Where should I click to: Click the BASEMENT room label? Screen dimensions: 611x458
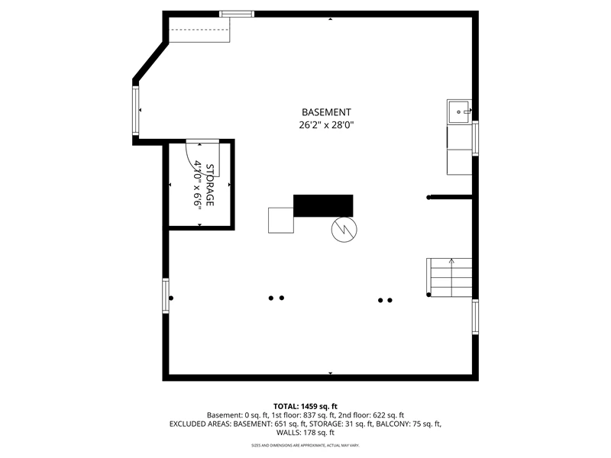pos(326,112)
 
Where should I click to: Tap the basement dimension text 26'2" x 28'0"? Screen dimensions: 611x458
pos(327,125)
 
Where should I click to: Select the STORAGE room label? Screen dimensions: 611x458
pos(209,185)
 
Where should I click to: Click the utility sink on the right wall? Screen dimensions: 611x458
pos(459,111)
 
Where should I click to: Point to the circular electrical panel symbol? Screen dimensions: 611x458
pos(344,229)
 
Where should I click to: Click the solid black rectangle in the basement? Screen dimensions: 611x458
pos(323,205)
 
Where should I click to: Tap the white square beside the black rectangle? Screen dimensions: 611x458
pos(280,221)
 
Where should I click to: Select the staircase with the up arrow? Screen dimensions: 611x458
pos(449,277)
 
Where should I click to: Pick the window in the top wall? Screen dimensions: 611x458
pos(237,14)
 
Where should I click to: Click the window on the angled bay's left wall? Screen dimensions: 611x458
pos(136,111)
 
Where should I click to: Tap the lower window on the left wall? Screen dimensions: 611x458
pos(166,295)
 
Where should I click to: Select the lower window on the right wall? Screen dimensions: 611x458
pos(475,317)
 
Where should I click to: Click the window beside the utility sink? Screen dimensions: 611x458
pos(475,138)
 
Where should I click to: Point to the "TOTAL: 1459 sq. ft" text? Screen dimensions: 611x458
pos(305,407)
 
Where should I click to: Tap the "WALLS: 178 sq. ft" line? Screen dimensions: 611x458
pos(305,432)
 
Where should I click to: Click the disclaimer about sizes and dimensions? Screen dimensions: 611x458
pos(305,445)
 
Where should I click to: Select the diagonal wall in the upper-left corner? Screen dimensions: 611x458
pos(150,62)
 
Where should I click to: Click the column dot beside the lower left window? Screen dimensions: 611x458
pos(171,298)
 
